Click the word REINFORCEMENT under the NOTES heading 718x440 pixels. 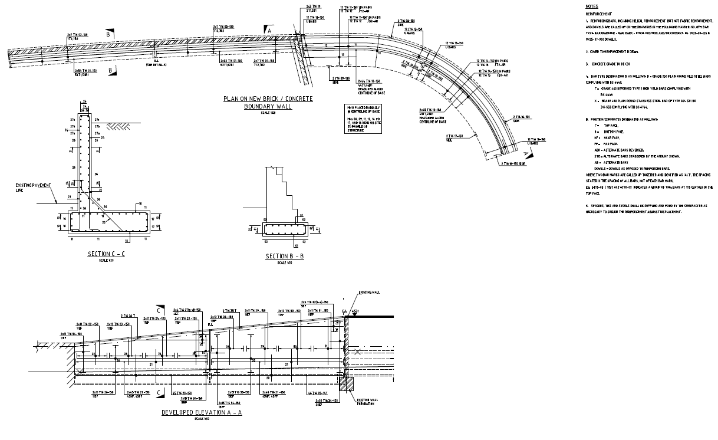click(x=599, y=13)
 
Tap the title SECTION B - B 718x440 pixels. click(x=285, y=256)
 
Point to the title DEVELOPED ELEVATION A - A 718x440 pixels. click(x=202, y=413)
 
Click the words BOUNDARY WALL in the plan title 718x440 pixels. click(x=268, y=106)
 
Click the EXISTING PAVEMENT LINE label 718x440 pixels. click(x=32, y=187)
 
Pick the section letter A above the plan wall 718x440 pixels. click(x=269, y=29)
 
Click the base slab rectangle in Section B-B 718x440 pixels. click(x=285, y=229)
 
